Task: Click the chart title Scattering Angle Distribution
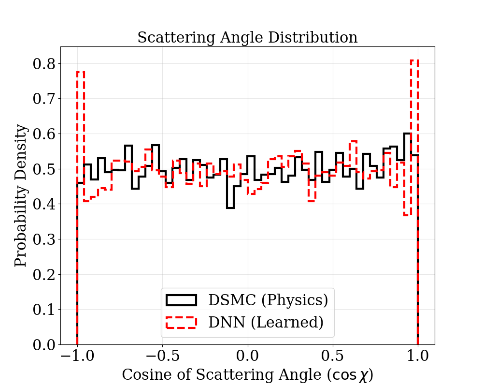pyautogui.click(x=247, y=37)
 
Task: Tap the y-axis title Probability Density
pyautogui.click(x=21, y=195)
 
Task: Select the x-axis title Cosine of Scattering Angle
pyautogui.click(x=247, y=374)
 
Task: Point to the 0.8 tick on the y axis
pyautogui.click(x=44, y=64)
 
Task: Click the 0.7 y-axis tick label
pyautogui.click(x=44, y=99)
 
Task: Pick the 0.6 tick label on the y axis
pyautogui.click(x=44, y=134)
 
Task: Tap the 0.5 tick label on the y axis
pyautogui.click(x=44, y=169)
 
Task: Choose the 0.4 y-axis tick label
pyautogui.click(x=44, y=204)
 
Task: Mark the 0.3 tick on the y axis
pyautogui.click(x=44, y=239)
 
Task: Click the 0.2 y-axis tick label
pyautogui.click(x=44, y=274)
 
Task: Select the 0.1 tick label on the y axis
pyautogui.click(x=44, y=310)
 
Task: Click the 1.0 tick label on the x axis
pyautogui.click(x=417, y=357)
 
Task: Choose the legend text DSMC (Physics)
pyautogui.click(x=268, y=300)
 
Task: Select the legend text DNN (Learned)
pyautogui.click(x=265, y=322)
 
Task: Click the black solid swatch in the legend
pyautogui.click(x=181, y=300)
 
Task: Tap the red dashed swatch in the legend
pyautogui.click(x=181, y=322)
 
